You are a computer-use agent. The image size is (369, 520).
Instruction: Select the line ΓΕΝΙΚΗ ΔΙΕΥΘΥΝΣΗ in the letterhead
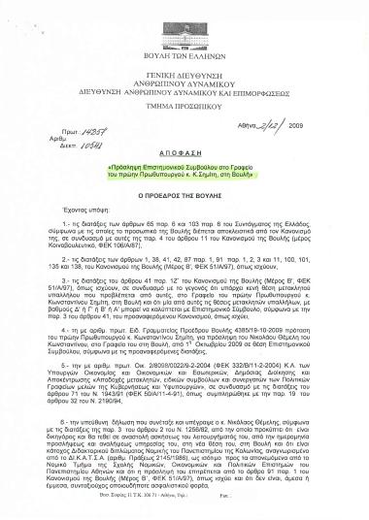click(x=185, y=76)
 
